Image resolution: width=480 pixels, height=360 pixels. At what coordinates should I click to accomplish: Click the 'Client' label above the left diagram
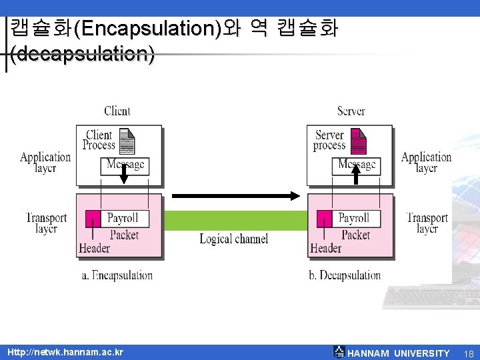click(117, 111)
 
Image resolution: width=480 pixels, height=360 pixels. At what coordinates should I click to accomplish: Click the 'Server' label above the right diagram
click(351, 111)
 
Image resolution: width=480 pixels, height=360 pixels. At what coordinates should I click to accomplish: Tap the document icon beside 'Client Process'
click(127, 141)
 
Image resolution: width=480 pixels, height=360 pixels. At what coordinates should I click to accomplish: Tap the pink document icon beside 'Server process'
click(358, 141)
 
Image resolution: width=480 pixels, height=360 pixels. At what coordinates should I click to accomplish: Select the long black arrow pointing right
click(236, 196)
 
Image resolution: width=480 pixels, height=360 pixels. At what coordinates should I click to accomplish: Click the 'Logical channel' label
click(234, 239)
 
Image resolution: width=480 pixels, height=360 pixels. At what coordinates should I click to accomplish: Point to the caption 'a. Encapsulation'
click(117, 275)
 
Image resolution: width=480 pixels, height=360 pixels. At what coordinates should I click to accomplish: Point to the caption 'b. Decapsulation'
click(345, 275)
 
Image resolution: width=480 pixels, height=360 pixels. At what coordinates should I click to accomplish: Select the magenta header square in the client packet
click(93, 218)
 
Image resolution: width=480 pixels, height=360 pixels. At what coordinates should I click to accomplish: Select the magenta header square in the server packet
click(324, 218)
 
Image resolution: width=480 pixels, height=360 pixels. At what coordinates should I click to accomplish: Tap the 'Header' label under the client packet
click(95, 248)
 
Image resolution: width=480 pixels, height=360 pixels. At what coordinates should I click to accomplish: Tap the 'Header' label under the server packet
click(325, 248)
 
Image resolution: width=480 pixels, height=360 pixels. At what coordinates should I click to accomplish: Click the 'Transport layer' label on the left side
click(46, 223)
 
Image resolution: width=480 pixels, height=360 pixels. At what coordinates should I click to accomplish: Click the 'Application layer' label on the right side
click(426, 163)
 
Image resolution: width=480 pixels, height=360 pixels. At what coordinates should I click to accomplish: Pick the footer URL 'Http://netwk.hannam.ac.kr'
click(65, 352)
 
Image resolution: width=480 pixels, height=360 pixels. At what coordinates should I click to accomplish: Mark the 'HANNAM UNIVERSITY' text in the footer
click(399, 353)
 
